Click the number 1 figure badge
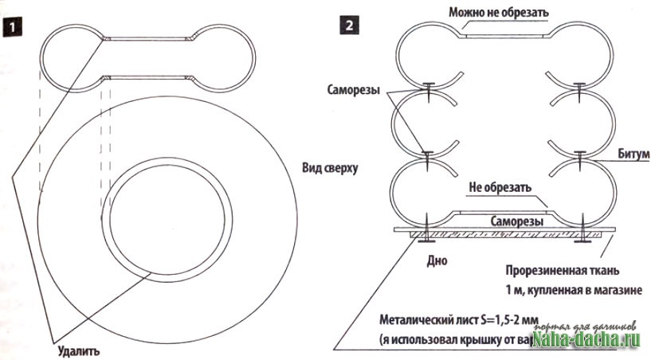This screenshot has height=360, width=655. pyautogui.click(x=14, y=25)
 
